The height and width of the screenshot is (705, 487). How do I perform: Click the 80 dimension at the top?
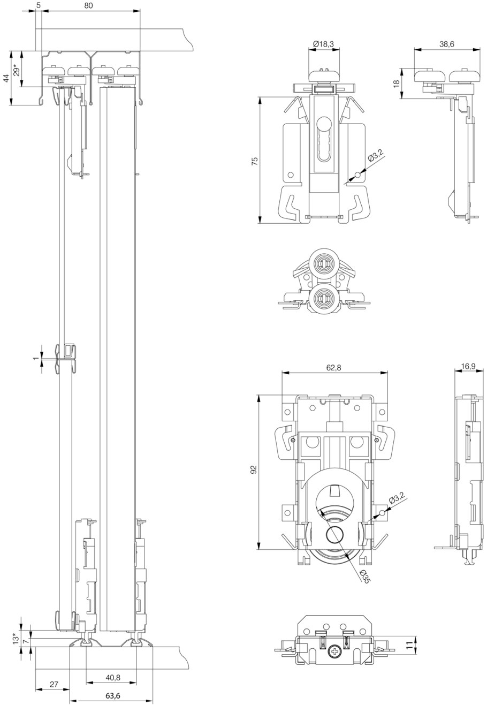[x=89, y=5]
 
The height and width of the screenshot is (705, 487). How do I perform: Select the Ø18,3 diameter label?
[x=324, y=44]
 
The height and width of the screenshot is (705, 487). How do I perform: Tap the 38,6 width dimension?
[x=447, y=44]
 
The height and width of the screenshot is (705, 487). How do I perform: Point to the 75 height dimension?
[x=255, y=160]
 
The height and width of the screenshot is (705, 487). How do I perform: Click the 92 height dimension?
[x=254, y=469]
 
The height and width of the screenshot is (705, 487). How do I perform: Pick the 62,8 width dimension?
[x=334, y=367]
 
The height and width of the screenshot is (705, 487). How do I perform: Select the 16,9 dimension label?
[x=468, y=366]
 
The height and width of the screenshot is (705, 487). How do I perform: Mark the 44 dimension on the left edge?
[x=6, y=78]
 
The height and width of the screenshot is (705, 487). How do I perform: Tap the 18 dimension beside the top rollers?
[x=396, y=83]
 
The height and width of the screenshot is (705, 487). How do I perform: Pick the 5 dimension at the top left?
[x=38, y=5]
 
